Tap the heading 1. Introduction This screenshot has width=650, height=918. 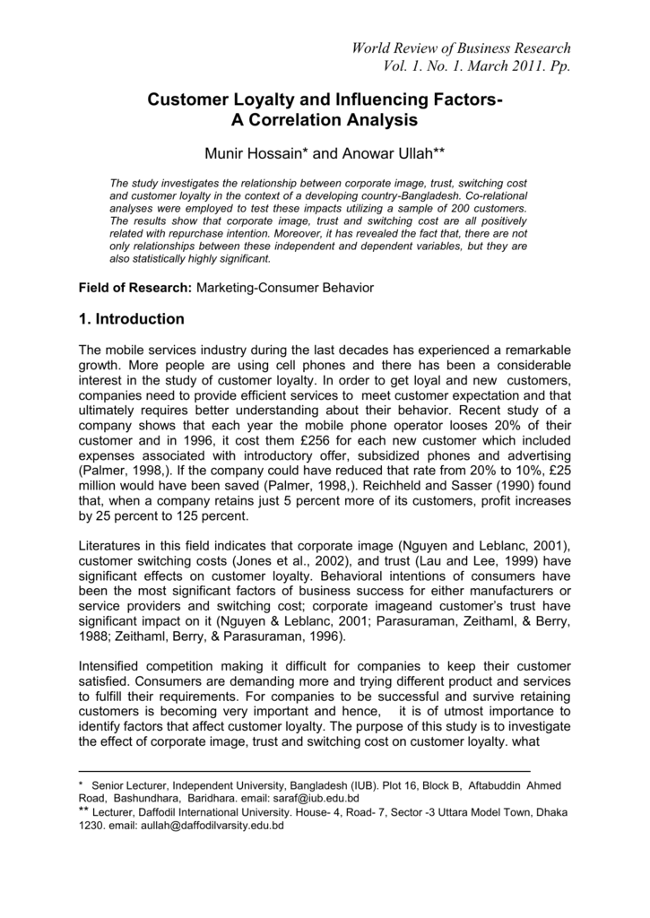132,319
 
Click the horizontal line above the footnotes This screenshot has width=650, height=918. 305,772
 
